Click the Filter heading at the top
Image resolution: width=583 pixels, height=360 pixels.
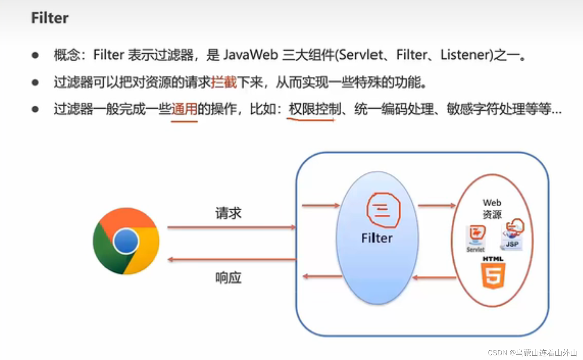[x=50, y=18]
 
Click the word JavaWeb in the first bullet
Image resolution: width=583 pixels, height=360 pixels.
[x=251, y=55]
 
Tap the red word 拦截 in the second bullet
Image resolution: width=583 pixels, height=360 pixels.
[x=224, y=82]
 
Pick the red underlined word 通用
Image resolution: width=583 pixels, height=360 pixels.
[x=184, y=109]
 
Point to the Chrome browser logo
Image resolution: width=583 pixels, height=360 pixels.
[x=126, y=241]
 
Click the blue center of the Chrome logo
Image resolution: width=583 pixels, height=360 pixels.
[x=126, y=241]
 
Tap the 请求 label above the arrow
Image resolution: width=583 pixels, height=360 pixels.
[x=228, y=213]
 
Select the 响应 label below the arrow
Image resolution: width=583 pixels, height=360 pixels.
[x=228, y=278]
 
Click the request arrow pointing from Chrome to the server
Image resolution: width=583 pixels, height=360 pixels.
[x=231, y=227]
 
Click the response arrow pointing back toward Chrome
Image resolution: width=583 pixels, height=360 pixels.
[x=231, y=259]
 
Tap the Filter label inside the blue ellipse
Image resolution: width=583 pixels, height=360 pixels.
[x=377, y=238]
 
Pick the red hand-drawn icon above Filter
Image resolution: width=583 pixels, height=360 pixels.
[x=383, y=210]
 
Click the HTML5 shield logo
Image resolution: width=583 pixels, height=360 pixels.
[x=493, y=275]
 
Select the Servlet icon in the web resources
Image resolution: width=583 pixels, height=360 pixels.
[x=476, y=237]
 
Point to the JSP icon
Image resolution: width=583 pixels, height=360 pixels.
[x=512, y=235]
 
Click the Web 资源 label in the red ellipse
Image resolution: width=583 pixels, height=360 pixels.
[x=492, y=209]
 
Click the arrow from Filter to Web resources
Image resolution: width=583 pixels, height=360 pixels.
[x=437, y=205]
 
